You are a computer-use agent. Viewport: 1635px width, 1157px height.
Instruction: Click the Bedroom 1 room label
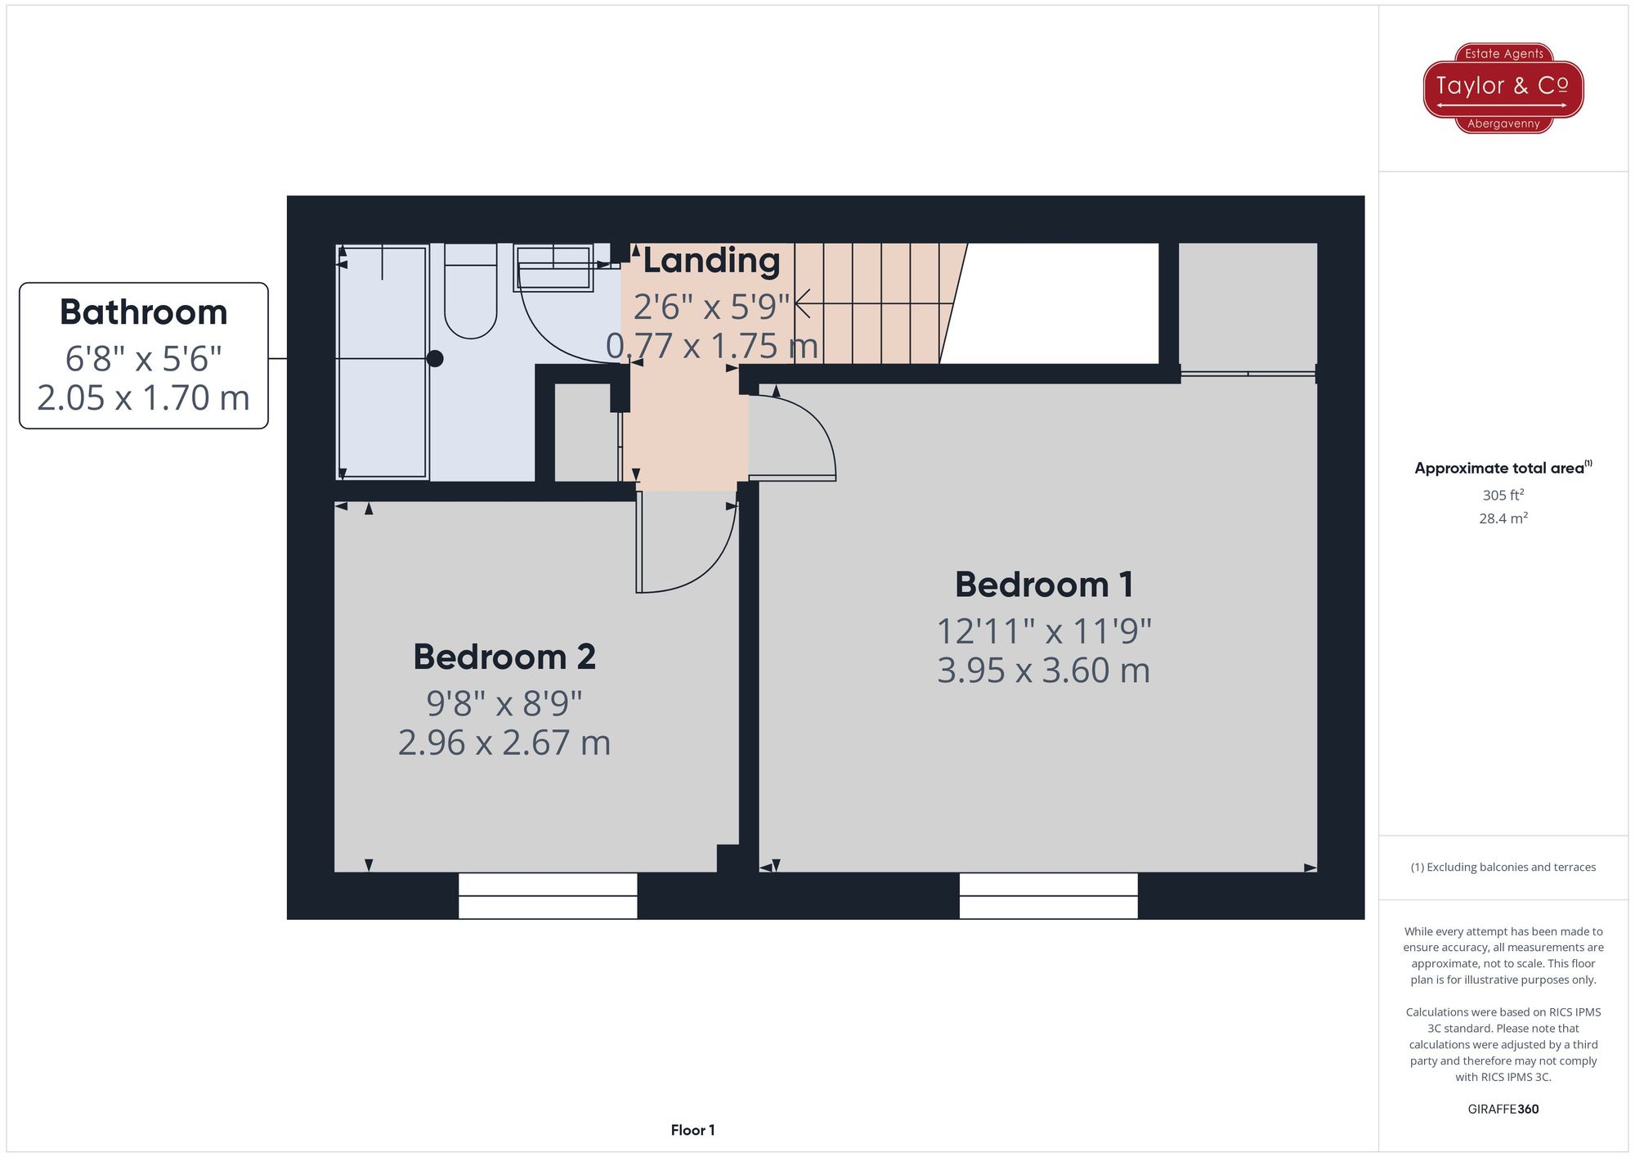1044,585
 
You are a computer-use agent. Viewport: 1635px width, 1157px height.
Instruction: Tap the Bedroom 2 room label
504,657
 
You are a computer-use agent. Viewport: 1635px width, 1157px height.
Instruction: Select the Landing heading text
711,261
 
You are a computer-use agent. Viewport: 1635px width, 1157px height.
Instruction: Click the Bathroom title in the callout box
143,312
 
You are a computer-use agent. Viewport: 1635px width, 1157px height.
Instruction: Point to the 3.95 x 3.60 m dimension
1044,671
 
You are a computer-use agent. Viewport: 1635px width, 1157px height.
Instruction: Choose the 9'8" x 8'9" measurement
504,703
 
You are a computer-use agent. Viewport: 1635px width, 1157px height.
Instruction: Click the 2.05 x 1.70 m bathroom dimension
143,398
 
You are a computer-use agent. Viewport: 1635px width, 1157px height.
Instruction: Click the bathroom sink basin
553,268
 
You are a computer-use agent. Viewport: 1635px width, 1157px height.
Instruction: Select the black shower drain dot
435,358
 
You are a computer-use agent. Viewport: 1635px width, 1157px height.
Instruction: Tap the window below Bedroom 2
547,895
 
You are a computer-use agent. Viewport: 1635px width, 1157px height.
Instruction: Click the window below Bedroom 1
1048,895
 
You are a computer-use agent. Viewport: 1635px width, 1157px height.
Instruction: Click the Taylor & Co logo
1503,87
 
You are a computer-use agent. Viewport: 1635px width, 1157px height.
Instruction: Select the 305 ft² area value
1503,496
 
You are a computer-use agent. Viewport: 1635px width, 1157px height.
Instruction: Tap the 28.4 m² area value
1503,518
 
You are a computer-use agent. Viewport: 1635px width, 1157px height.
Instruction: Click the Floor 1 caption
692,1130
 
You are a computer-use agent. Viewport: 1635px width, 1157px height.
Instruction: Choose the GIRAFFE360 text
1503,1110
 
